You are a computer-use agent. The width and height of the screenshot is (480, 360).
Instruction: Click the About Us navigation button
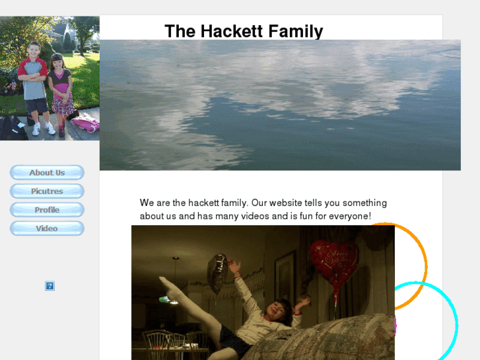click(47, 172)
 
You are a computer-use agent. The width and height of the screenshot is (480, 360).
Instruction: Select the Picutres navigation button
click(47, 191)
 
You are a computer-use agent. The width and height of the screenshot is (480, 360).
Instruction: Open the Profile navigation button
click(47, 209)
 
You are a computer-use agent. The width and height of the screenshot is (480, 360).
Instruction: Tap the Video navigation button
click(47, 228)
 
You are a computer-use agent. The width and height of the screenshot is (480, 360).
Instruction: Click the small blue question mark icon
click(50, 286)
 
